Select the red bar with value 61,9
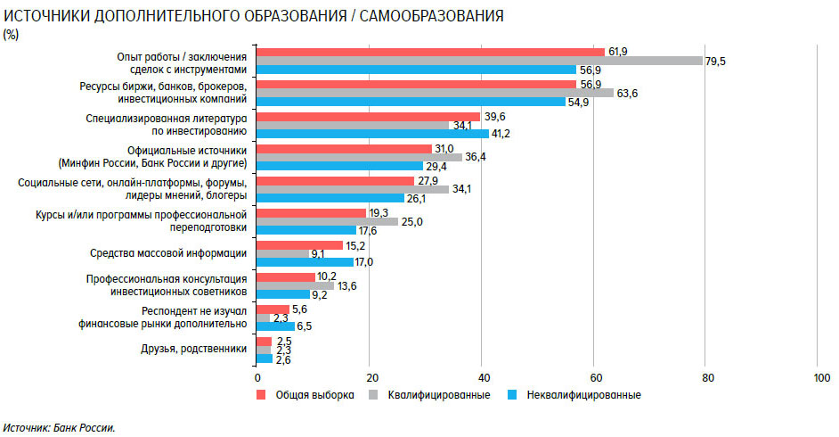(430, 52)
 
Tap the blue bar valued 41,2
(372, 133)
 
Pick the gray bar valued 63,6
(435, 93)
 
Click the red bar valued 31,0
(344, 148)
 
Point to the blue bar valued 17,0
(305, 261)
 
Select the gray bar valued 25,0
(327, 221)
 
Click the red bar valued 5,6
(273, 309)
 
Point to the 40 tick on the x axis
(482, 376)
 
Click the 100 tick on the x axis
(818, 376)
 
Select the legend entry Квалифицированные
(438, 394)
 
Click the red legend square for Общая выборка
(262, 394)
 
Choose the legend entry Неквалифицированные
(583, 394)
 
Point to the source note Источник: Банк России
(60, 427)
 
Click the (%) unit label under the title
(12, 34)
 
